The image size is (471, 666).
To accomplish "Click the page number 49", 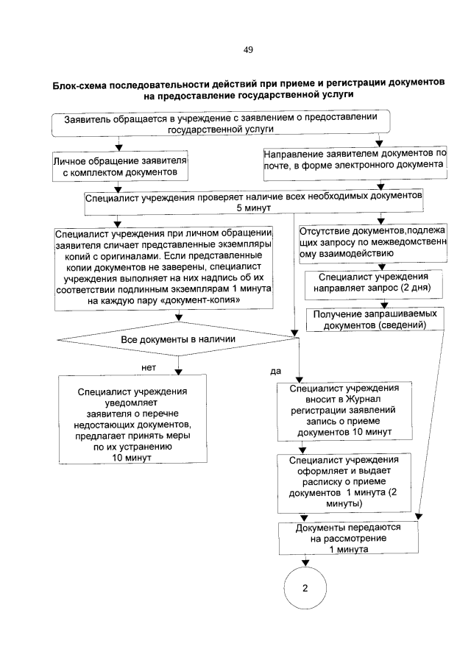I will click(x=248, y=50).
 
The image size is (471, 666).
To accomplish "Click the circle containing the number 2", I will click(x=305, y=590).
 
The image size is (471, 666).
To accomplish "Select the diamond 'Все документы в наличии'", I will click(x=178, y=339).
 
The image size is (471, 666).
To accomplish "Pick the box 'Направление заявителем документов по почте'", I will click(x=355, y=160).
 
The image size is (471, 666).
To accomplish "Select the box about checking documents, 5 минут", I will click(x=253, y=202).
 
